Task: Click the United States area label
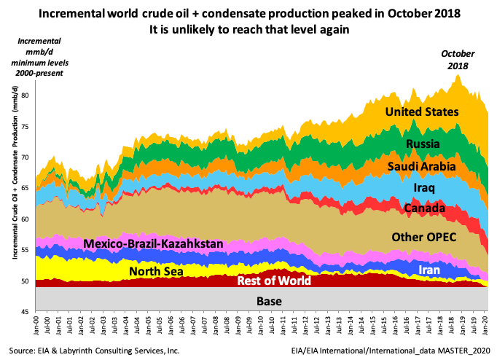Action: click(422, 112)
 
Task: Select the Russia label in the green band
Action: click(423, 144)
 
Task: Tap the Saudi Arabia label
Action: click(421, 167)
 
